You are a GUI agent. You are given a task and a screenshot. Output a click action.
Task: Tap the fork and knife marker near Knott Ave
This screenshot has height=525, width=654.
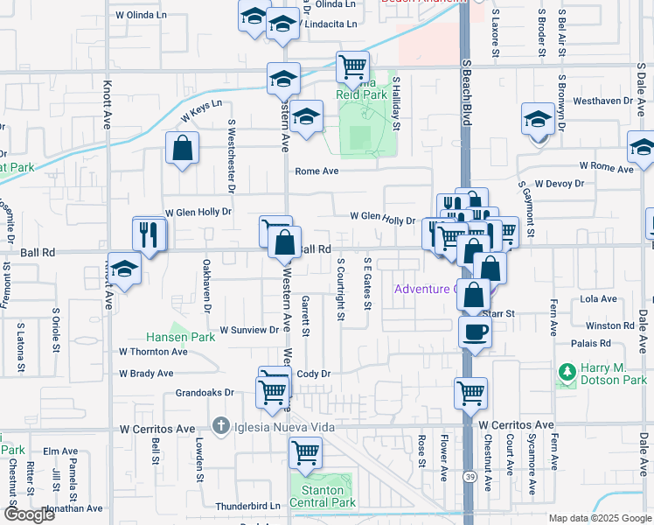pyautogui.click(x=150, y=234)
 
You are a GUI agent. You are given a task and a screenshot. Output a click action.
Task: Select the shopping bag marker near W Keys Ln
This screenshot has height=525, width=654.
pyautogui.click(x=183, y=150)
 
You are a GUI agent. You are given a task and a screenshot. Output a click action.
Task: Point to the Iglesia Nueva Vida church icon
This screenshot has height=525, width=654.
pyautogui.click(x=222, y=426)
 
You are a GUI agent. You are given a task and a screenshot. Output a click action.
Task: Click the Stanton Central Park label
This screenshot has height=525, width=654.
pyautogui.click(x=323, y=496)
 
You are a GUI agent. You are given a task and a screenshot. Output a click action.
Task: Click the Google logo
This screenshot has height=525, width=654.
pyautogui.click(x=29, y=514)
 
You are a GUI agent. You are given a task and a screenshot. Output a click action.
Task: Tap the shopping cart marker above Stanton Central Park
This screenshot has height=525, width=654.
pyautogui.click(x=305, y=453)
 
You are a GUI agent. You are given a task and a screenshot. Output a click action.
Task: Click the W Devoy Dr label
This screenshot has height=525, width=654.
pyautogui.click(x=560, y=183)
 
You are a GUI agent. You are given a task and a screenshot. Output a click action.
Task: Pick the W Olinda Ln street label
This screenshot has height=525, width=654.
pyautogui.click(x=141, y=15)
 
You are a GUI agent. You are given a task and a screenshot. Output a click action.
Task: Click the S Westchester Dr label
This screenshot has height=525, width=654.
pyautogui.click(x=232, y=156)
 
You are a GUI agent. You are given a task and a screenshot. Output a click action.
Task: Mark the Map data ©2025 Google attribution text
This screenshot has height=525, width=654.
pyautogui.click(x=599, y=518)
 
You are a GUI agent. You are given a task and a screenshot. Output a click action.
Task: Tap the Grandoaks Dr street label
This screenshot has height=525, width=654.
pyautogui.click(x=205, y=393)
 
